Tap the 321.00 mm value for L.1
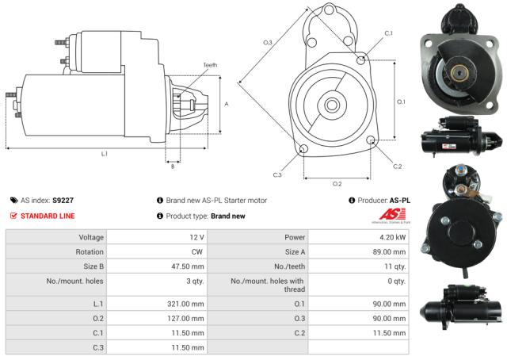187,304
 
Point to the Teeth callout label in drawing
209,64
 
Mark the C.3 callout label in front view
277,174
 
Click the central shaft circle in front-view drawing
333,104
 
